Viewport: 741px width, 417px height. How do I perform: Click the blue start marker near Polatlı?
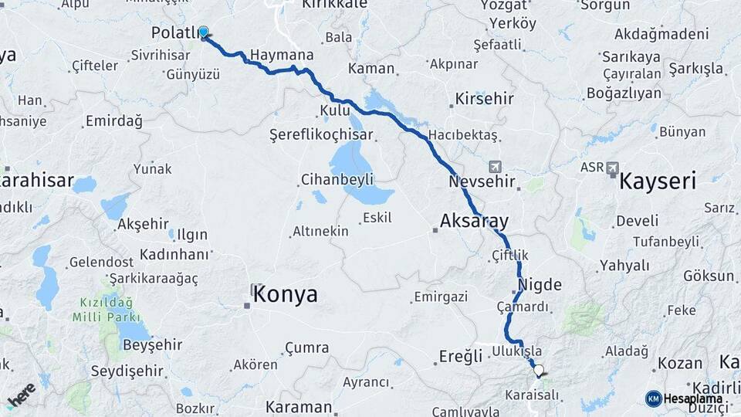click(x=203, y=32)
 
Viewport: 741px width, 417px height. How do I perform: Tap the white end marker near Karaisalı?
click(x=538, y=370)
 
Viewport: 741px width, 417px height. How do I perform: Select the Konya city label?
click(x=285, y=294)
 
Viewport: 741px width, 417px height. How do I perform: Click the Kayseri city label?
click(x=658, y=181)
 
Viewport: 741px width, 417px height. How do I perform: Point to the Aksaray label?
click(x=475, y=221)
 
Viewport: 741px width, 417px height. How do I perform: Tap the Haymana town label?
click(x=283, y=56)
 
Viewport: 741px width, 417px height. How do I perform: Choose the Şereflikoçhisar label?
click(x=321, y=134)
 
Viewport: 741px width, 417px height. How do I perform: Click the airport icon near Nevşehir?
click(x=495, y=167)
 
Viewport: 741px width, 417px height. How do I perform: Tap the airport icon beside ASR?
click(x=614, y=168)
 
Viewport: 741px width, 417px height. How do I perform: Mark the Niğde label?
click(x=540, y=284)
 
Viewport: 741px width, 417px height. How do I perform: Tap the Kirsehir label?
click(x=484, y=99)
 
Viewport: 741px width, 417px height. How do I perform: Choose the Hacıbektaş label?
click(x=462, y=134)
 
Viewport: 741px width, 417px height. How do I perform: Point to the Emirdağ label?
click(x=114, y=120)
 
